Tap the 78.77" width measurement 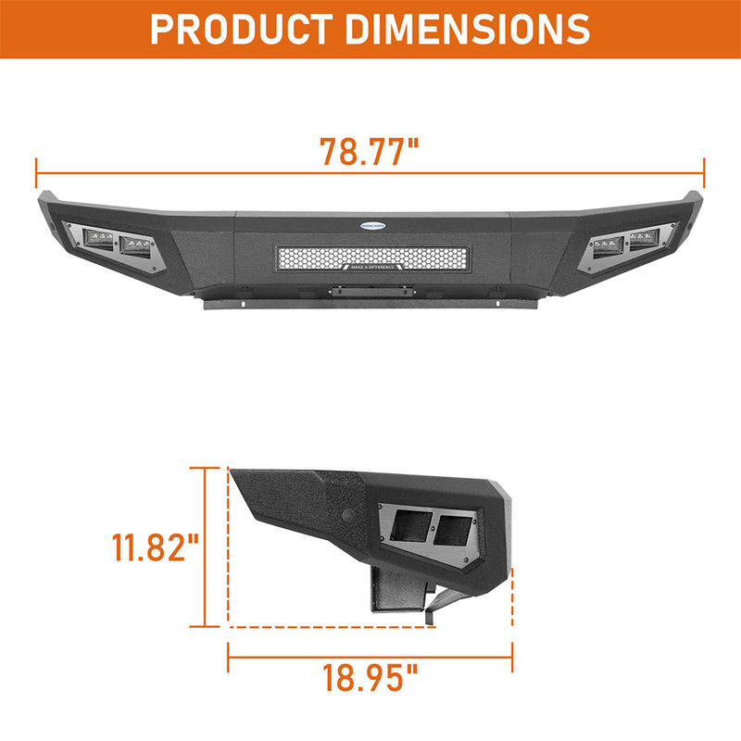(369, 151)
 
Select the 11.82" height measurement (156, 547)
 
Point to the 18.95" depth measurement (370, 678)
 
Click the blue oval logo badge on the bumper (370, 225)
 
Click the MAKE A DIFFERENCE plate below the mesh (370, 267)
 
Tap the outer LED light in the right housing (643, 244)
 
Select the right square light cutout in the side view (452, 530)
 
